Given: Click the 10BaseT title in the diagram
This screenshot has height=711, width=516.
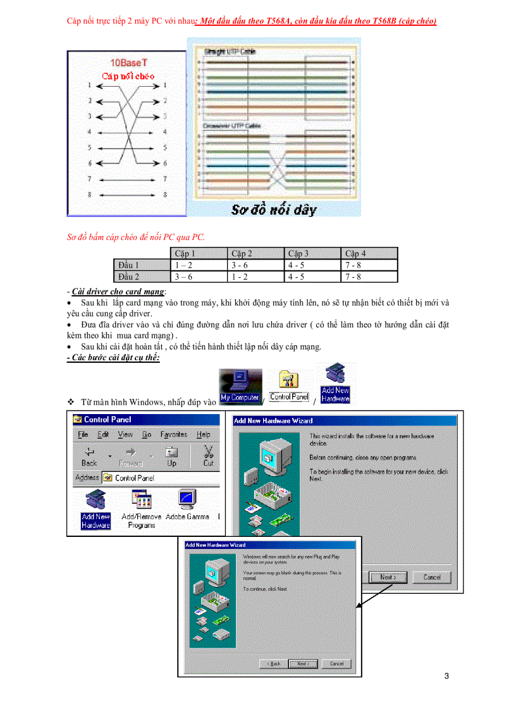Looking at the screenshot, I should click(x=128, y=63).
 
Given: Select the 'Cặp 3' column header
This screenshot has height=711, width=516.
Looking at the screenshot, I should click(x=298, y=253).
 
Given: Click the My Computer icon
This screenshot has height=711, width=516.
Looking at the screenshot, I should click(x=240, y=387).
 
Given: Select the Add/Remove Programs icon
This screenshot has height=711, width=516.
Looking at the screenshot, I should click(x=142, y=508).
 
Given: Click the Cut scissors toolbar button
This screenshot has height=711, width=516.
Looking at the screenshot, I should click(x=209, y=455).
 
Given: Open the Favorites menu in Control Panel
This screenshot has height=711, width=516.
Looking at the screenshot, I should click(x=173, y=434).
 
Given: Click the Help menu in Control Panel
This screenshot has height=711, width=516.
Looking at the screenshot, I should click(x=203, y=434).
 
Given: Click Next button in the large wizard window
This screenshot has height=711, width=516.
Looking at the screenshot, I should click(x=388, y=577).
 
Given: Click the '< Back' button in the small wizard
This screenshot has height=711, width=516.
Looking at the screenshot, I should click(x=273, y=664).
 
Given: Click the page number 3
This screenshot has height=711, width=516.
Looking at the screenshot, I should click(x=446, y=676).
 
